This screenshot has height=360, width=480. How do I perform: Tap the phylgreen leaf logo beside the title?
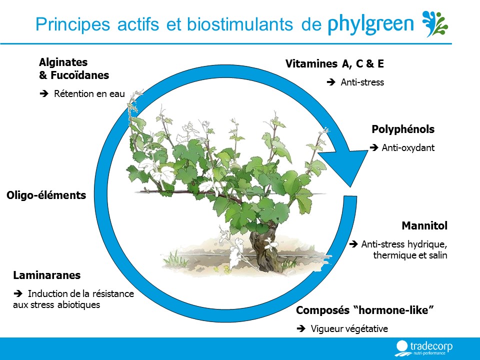[x=435, y=24]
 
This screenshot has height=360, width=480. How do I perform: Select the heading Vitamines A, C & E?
[x=334, y=63]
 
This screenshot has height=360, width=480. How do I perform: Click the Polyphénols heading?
[x=403, y=129]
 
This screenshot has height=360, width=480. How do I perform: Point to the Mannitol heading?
[x=424, y=225]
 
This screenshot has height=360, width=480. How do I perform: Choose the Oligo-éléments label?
[x=46, y=195]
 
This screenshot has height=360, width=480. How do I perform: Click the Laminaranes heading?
[x=47, y=275]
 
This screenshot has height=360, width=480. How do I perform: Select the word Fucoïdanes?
[x=79, y=75]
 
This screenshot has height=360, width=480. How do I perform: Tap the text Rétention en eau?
[x=89, y=93]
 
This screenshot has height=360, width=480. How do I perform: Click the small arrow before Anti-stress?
[x=331, y=82]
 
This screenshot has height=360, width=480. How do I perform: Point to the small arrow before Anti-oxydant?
[x=374, y=147]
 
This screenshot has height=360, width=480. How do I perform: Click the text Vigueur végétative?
[x=349, y=329]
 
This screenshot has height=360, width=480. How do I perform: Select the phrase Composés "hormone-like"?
[x=365, y=310]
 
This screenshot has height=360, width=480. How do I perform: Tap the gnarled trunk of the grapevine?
[x=263, y=249]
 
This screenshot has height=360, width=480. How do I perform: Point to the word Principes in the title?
[x=72, y=24]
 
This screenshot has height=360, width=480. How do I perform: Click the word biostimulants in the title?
[x=239, y=24]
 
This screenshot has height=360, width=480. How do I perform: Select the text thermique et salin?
[x=410, y=255]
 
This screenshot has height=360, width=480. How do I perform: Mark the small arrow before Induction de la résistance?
[x=18, y=293]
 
